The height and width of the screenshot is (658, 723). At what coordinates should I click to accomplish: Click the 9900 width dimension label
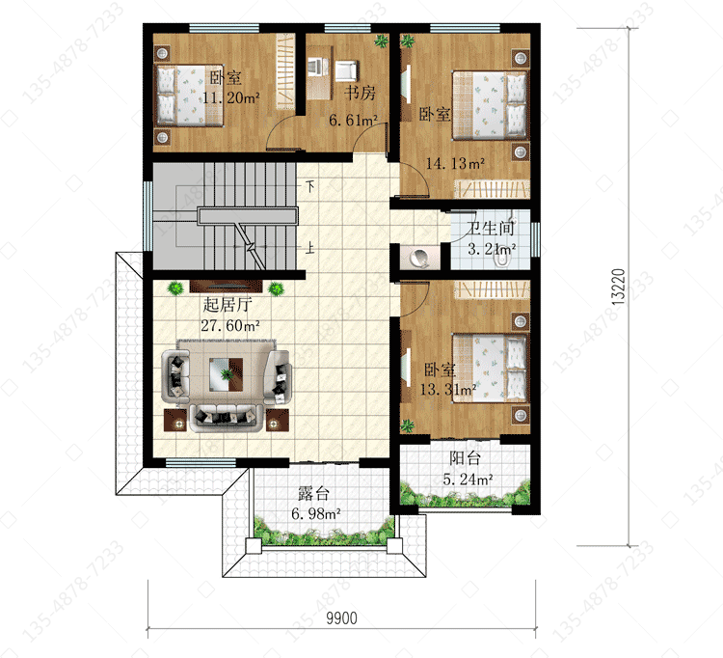(x=341, y=617)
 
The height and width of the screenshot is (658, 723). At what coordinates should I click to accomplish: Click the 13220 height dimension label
(x=618, y=287)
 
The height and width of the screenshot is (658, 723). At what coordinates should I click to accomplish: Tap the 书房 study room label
(x=360, y=93)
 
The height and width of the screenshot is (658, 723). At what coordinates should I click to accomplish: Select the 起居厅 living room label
(x=228, y=305)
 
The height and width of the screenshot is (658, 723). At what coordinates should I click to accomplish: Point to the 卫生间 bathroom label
(x=489, y=228)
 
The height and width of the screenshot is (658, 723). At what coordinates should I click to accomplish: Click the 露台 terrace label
(x=313, y=494)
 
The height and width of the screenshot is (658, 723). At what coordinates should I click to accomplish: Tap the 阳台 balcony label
(x=466, y=458)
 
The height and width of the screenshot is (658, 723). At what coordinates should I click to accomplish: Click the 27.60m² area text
(x=230, y=326)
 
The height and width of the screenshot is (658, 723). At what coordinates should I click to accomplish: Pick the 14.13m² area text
(x=455, y=163)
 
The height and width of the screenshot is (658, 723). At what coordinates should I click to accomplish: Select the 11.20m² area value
(x=231, y=97)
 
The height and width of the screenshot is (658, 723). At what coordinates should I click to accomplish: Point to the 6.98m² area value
(x=316, y=513)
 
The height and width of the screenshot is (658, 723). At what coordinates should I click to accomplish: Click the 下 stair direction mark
(x=310, y=186)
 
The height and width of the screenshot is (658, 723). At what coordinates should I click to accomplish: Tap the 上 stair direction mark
(x=310, y=248)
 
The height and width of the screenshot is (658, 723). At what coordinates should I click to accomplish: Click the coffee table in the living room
(x=226, y=374)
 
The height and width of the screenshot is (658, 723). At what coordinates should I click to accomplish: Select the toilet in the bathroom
(x=501, y=260)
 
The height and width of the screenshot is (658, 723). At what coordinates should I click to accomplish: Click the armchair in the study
(x=345, y=70)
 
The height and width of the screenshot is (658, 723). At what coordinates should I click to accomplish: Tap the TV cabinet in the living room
(x=226, y=286)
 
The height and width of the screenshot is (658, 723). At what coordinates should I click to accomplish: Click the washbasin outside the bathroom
(x=419, y=258)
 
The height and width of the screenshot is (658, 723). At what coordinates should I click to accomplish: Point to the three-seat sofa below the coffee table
(x=226, y=418)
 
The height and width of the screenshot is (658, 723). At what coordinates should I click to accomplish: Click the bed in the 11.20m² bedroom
(x=189, y=96)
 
